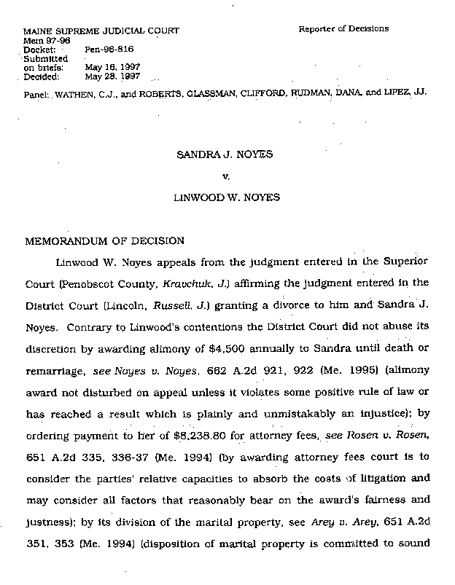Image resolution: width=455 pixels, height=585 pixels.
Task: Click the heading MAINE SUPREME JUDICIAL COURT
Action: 101,31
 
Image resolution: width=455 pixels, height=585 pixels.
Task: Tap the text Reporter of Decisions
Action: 343,29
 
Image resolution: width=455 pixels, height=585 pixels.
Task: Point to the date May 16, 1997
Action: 112,67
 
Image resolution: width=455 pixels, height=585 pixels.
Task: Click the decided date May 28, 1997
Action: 112,76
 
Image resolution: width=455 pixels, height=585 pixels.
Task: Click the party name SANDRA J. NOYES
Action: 225,154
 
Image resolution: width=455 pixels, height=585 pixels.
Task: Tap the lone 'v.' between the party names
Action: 225,176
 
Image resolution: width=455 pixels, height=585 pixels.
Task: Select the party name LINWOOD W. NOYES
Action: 225,198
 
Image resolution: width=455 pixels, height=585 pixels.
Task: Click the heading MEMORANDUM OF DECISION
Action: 105,240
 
